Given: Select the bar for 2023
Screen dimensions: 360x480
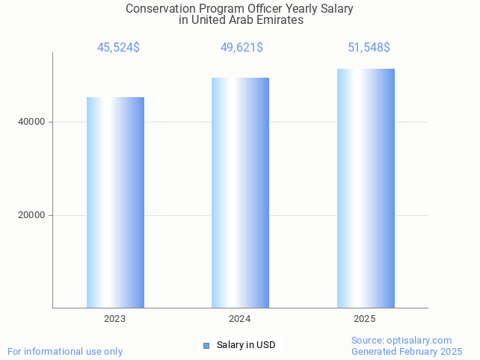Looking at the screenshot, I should [115, 202].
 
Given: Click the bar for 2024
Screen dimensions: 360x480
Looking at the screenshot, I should [240, 193].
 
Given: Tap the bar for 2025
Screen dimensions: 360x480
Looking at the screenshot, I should [365, 188].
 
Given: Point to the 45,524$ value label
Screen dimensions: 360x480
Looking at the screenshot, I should [118, 48].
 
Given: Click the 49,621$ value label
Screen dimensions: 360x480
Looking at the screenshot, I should [241, 48].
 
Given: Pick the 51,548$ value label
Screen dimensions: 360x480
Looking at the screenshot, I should [369, 48].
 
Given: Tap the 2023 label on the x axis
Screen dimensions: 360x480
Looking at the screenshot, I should [115, 319].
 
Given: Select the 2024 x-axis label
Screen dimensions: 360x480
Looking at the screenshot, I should [240, 319].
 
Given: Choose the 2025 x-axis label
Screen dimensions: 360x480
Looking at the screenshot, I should [365, 319].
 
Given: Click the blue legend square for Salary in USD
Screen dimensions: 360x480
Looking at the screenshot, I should [206, 345].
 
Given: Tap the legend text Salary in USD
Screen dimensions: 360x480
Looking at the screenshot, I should [246, 345].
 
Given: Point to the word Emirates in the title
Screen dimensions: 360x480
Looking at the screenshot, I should [279, 20].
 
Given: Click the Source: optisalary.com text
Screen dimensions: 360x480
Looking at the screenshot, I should [401, 341].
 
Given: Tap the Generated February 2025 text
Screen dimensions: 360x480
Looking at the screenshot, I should [407, 351].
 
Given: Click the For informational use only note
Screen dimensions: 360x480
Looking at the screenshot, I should [65, 351].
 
